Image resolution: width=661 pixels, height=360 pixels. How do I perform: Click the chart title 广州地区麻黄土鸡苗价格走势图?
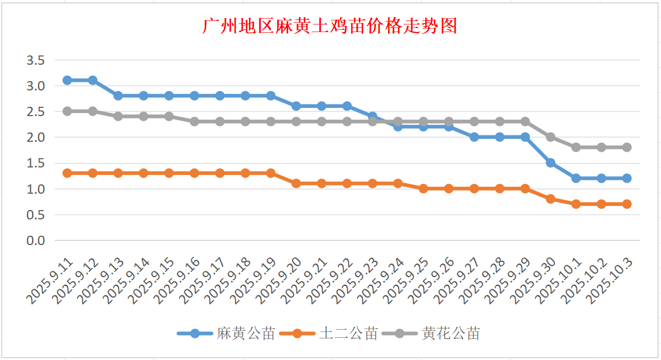[330, 26]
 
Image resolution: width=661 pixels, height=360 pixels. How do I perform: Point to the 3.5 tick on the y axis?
[36, 60]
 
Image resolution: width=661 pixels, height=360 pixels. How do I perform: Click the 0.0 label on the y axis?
[36, 240]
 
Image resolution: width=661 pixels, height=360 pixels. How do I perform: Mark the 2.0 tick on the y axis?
[36, 138]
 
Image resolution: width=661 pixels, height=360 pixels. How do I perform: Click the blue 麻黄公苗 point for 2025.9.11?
[67, 80]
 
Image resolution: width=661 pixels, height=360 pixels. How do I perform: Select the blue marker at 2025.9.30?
[550, 163]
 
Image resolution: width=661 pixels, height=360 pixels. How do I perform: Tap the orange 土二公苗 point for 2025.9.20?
[296, 183]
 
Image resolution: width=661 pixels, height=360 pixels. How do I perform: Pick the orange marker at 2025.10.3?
[627, 204]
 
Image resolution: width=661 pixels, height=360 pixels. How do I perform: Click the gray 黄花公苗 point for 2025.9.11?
[67, 111]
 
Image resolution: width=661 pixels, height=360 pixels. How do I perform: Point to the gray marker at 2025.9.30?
[550, 137]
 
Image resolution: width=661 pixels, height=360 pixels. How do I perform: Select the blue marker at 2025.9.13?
[118, 96]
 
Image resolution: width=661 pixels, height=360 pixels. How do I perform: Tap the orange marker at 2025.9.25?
[423, 188]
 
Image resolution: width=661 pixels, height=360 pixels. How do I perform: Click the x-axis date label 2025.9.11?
[50, 281]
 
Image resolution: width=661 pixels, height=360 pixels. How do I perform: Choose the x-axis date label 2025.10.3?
[610, 281]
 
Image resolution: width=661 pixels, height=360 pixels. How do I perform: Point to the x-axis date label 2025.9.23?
[355, 281]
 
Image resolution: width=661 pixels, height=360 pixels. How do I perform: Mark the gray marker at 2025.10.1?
[576, 148]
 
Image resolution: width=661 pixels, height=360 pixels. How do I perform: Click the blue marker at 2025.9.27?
[474, 137]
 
